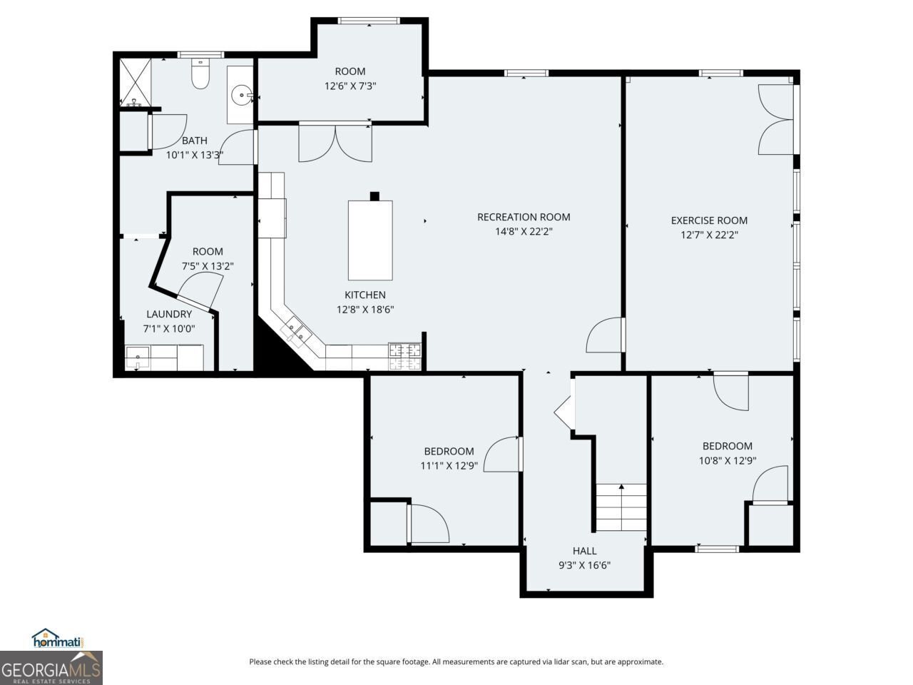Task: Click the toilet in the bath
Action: [x=200, y=75]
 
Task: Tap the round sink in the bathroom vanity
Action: [x=244, y=94]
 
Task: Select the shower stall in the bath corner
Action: [x=135, y=82]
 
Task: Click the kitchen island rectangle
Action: [x=369, y=240]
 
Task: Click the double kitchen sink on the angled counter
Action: [x=297, y=332]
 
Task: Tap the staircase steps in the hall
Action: [x=621, y=507]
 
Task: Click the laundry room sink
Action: [x=137, y=357]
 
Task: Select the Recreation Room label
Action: [x=524, y=217]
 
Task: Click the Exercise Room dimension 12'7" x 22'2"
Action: [x=709, y=234]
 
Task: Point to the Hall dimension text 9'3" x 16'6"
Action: [x=584, y=565]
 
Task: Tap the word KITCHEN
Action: [x=365, y=295]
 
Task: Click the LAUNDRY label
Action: [x=169, y=314]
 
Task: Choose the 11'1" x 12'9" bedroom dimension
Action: [x=449, y=465]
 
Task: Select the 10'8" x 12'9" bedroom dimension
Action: [x=727, y=460]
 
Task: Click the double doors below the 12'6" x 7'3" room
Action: [x=335, y=143]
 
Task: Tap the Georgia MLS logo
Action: [x=51, y=669]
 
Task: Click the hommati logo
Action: [x=58, y=639]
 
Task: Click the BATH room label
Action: [x=195, y=141]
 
